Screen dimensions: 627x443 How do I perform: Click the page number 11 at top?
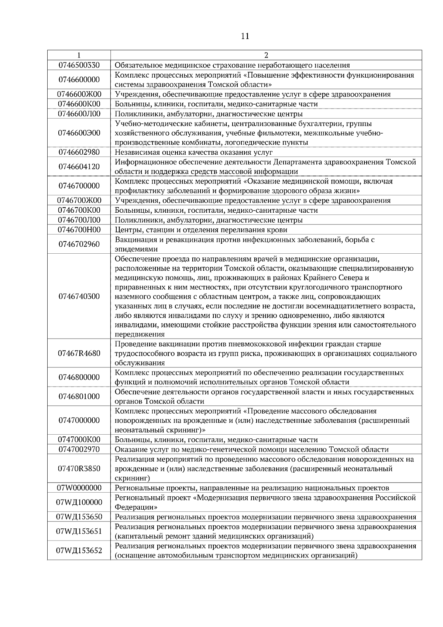(x=245, y=36)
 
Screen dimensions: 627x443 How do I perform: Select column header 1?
(x=79, y=55)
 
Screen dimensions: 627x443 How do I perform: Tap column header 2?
(x=266, y=55)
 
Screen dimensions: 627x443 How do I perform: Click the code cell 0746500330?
(x=79, y=65)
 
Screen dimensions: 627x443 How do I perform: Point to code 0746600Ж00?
(x=79, y=94)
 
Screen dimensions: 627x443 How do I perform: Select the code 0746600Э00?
(x=79, y=133)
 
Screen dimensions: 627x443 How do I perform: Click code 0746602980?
(x=79, y=152)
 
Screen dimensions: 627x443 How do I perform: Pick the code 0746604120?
(x=79, y=167)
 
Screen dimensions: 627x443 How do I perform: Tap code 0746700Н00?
(x=79, y=230)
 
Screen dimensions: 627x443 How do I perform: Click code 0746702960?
(x=79, y=244)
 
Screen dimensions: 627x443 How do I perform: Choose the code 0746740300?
(x=79, y=296)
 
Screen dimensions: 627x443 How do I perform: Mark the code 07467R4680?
(x=79, y=353)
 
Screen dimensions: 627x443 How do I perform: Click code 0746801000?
(x=79, y=397)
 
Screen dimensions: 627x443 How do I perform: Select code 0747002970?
(x=79, y=449)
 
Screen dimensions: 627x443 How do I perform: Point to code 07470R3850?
(x=79, y=469)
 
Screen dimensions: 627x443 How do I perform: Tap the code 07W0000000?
(x=79, y=488)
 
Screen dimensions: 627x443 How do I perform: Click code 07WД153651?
(x=79, y=531)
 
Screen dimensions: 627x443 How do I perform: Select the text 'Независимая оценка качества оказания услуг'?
(x=193, y=152)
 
